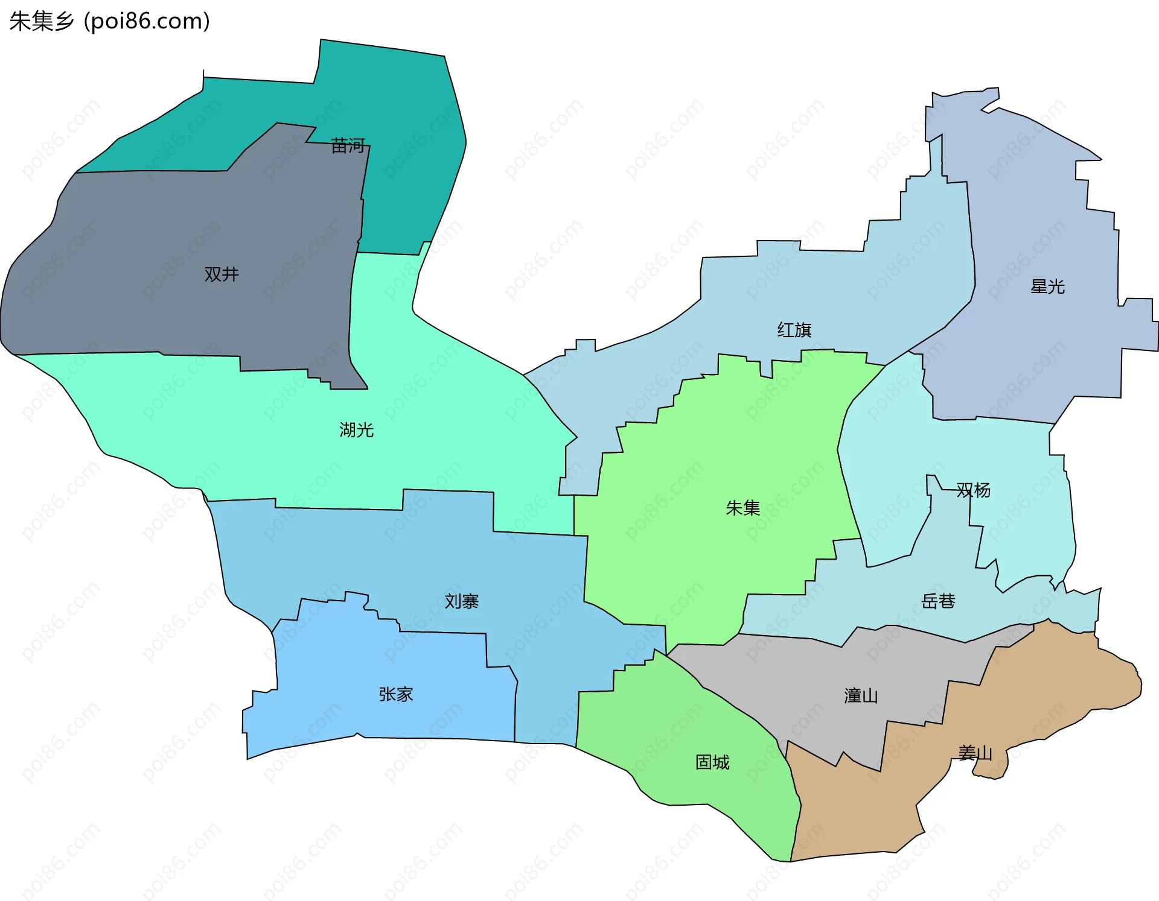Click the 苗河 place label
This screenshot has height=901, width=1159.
[348, 145]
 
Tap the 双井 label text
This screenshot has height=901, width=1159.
[222, 274]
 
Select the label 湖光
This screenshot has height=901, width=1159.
[356, 430]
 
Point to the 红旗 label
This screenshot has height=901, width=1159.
[794, 330]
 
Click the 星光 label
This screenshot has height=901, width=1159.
[1047, 286]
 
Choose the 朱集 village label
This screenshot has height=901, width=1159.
[742, 508]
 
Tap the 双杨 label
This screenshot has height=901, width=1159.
[973, 490]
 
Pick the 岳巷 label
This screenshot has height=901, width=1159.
[938, 601]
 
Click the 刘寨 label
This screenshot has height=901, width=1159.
[462, 601]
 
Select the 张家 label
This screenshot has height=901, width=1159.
[396, 695]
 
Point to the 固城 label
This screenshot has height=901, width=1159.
[712, 762]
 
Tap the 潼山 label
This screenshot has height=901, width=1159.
[861, 696]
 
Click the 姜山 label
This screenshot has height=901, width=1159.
[975, 753]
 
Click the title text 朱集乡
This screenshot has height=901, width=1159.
[42, 21]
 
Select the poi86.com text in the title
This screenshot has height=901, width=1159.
[147, 21]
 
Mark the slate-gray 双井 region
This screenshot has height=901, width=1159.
[181, 229]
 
